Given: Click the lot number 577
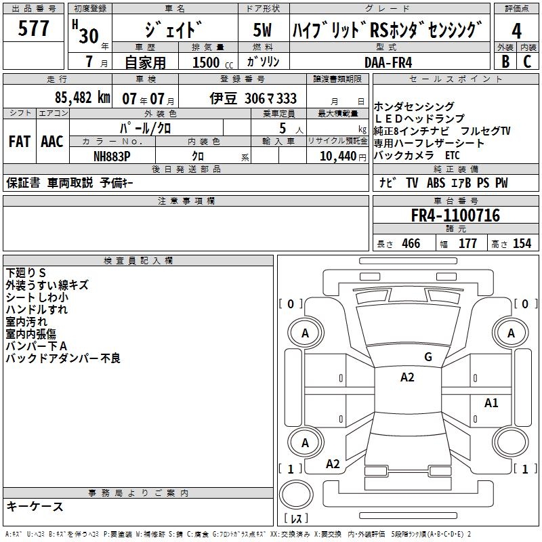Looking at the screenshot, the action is (x=34, y=29).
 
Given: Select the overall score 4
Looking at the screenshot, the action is (x=516, y=30).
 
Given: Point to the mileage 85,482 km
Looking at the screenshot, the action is (x=82, y=98).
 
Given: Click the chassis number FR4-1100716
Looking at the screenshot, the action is (x=455, y=216).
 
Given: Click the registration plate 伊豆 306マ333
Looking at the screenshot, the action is (x=253, y=98).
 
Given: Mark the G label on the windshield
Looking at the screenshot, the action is (x=428, y=357).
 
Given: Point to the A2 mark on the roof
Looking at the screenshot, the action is (x=406, y=377).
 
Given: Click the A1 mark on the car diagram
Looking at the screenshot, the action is (x=491, y=403).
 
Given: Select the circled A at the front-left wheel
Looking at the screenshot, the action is (x=305, y=333).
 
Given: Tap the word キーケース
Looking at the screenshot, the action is (x=35, y=506).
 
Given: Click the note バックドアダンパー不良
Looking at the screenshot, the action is (x=63, y=358).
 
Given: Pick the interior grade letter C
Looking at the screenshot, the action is (x=527, y=62).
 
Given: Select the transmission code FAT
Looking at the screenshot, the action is (x=19, y=142).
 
